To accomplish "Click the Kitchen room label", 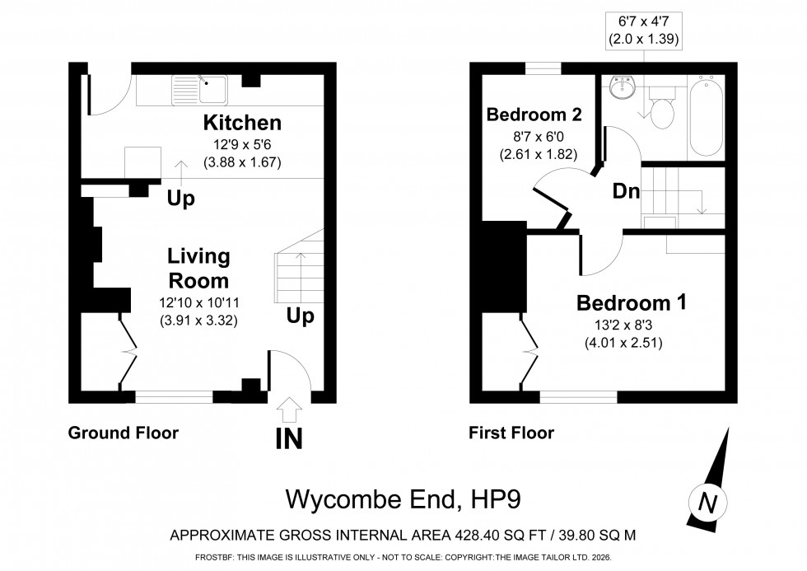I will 242,124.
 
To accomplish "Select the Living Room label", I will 198,268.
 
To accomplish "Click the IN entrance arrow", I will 290,409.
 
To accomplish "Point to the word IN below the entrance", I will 289,438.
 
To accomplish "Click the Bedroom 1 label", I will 632,302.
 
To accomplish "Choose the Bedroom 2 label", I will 535,114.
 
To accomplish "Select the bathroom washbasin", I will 620,86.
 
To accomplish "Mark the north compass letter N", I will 704,501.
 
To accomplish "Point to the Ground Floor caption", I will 123,432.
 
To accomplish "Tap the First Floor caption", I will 511,432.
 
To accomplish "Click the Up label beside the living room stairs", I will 300,316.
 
